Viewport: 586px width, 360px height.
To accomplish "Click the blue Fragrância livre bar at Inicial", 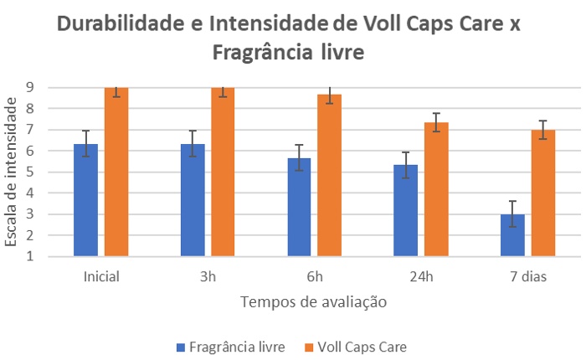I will click(85, 201).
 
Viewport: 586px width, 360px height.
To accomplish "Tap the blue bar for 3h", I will click(193, 201).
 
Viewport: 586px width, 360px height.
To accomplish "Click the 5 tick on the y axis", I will click(29, 172).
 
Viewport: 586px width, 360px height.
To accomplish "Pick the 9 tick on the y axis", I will click(29, 87).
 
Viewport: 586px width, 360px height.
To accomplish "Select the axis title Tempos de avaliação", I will click(314, 302).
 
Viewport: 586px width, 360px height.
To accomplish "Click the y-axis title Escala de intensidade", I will click(11, 172).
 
